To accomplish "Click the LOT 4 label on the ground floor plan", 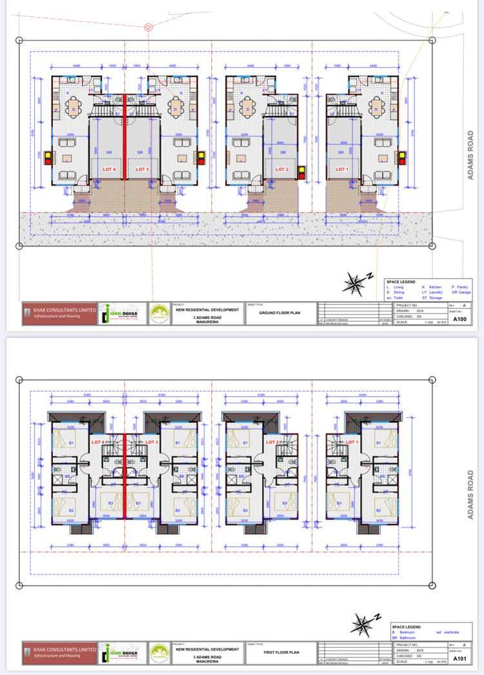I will (108, 169).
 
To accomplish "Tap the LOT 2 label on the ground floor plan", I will (281, 169).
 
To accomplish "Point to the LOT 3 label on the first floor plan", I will (152, 442).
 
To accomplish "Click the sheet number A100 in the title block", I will (459, 318).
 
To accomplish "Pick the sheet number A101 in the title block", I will (459, 659).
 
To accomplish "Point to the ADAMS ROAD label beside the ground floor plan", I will (471, 151).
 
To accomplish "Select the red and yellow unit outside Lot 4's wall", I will (47, 158).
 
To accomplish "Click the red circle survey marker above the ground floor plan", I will (148, 27).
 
